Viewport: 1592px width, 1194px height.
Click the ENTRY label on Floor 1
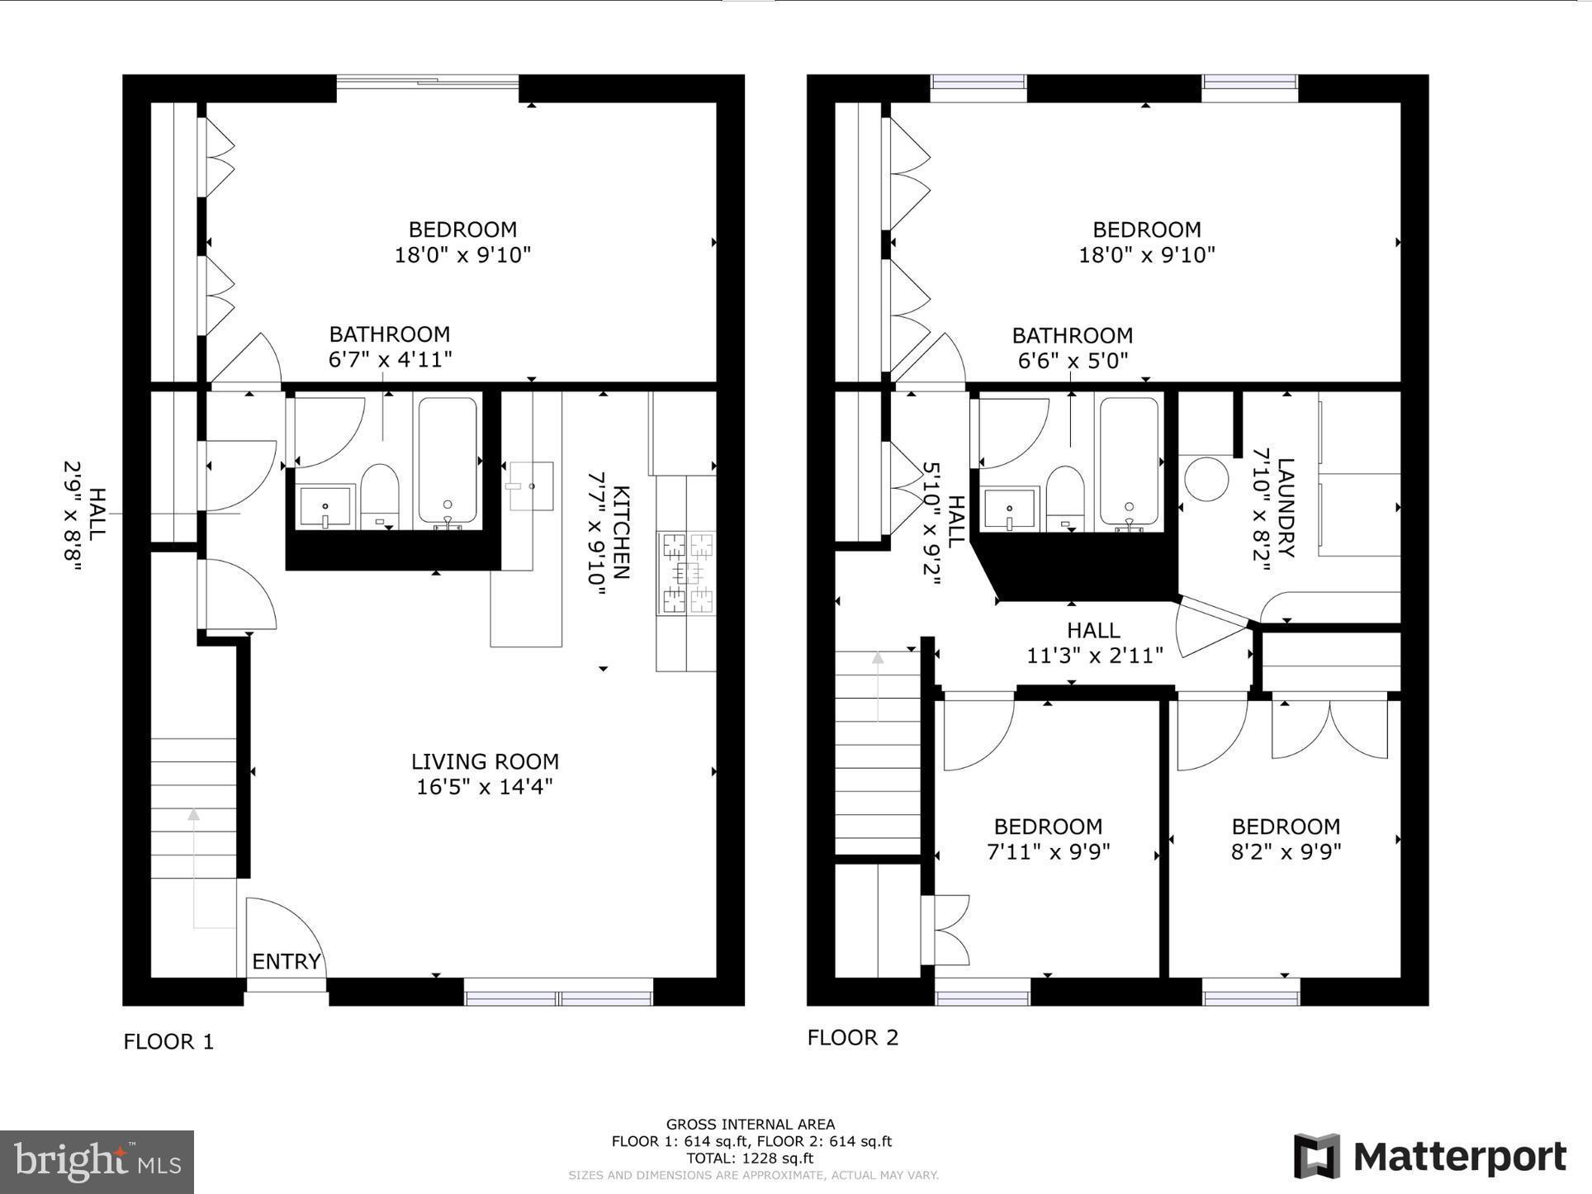click(286, 961)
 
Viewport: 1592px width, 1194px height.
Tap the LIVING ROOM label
click(485, 761)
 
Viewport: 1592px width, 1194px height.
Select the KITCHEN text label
click(621, 533)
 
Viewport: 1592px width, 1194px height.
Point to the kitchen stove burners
click(686, 573)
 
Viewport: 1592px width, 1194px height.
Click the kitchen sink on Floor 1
click(530, 486)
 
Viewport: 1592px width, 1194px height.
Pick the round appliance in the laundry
click(1206, 479)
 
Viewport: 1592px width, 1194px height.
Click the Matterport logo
click(1429, 1157)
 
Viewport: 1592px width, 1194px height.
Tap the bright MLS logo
click(97, 1163)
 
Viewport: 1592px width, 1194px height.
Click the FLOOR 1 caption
click(168, 1042)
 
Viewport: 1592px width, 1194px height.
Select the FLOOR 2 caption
click(852, 1038)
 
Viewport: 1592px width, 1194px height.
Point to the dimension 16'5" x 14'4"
click(485, 786)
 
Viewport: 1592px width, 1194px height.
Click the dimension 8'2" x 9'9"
click(1286, 851)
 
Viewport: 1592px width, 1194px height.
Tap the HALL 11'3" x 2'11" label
click(1094, 642)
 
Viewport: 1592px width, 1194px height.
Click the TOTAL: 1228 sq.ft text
click(751, 1158)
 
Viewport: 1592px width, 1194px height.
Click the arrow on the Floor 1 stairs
click(193, 815)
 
